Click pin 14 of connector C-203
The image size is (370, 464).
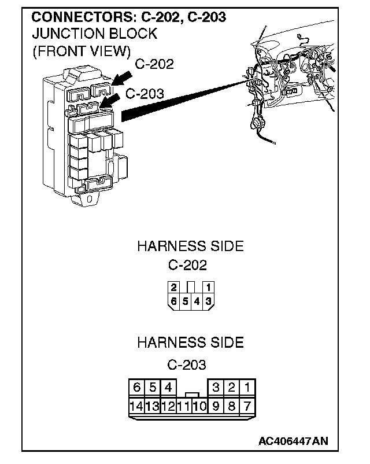(136, 406)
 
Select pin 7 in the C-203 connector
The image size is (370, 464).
(247, 406)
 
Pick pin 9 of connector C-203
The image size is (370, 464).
(216, 406)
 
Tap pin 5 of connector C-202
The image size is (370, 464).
(185, 300)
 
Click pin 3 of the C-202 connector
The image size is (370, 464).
(208, 300)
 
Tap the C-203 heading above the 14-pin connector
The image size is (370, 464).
(187, 365)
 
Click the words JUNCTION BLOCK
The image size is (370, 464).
(94, 34)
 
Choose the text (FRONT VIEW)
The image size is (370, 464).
(80, 51)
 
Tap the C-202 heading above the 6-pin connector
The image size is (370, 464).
(187, 266)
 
